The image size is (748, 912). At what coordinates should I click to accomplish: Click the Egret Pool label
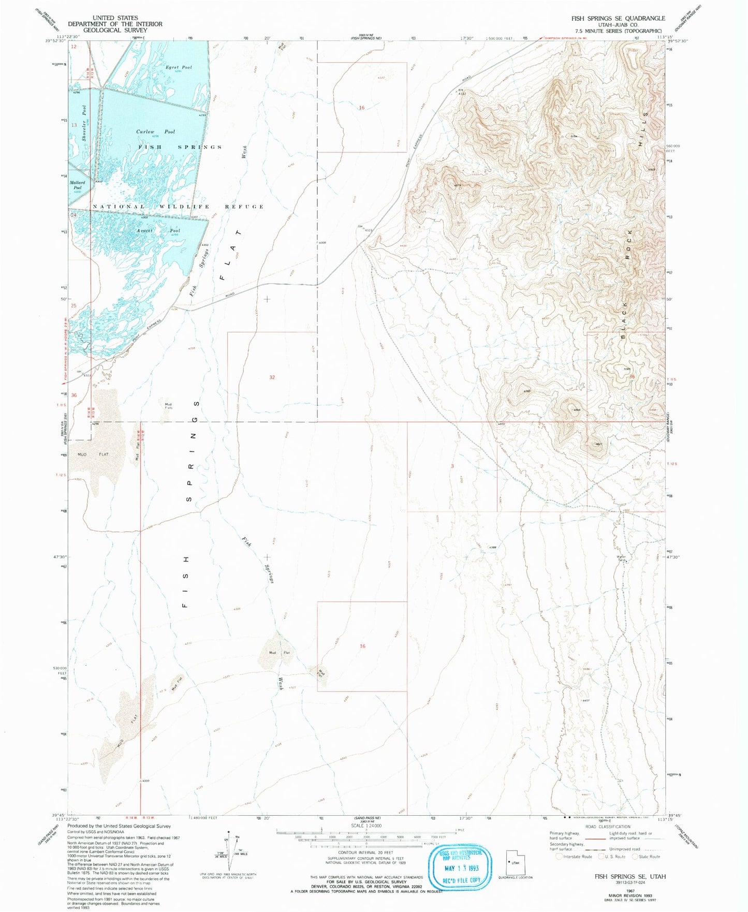coord(179,67)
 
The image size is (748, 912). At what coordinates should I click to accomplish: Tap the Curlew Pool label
coord(155,132)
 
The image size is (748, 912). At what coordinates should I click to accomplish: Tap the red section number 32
coord(272,377)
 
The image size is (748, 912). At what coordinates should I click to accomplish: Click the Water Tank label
coord(621,558)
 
